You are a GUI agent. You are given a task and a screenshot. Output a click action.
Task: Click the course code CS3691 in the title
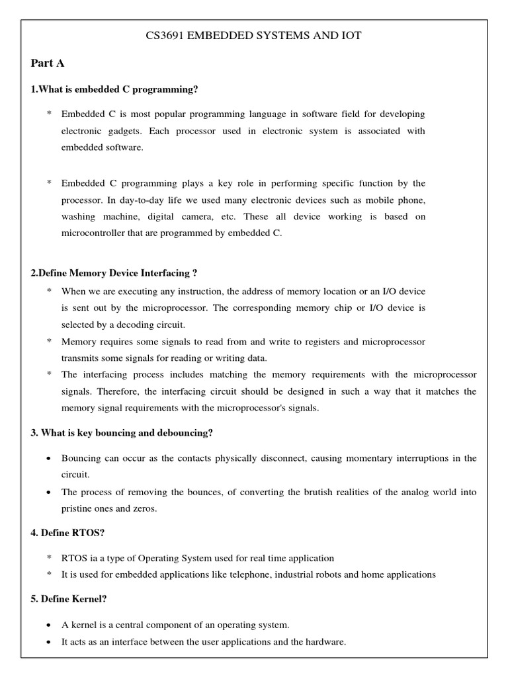coord(165,36)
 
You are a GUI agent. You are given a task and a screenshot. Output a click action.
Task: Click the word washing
coord(79,217)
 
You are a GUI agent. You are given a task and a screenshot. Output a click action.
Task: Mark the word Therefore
coord(118,391)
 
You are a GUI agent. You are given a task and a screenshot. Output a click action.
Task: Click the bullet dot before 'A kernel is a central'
coord(50,625)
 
